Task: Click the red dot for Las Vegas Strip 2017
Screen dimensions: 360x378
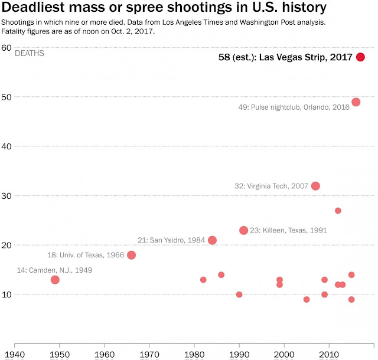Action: [360, 57]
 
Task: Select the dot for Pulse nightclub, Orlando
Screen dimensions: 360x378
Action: [356, 102]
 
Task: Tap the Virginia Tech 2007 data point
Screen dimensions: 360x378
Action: [315, 186]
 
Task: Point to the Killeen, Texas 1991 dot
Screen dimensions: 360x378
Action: [243, 230]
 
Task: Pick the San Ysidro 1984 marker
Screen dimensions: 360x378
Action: [212, 240]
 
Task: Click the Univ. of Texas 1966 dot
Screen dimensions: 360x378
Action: [131, 255]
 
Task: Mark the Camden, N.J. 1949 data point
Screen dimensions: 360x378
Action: [55, 280]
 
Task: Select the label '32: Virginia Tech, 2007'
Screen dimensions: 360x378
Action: [271, 186]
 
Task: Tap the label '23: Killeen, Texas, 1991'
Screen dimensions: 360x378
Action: [288, 230]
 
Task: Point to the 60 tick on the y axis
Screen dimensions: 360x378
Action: [7, 47]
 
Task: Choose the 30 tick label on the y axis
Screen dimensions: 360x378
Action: [7, 195]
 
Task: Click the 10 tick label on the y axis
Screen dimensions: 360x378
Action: [7, 294]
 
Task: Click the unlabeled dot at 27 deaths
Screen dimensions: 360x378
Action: [338, 211]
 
